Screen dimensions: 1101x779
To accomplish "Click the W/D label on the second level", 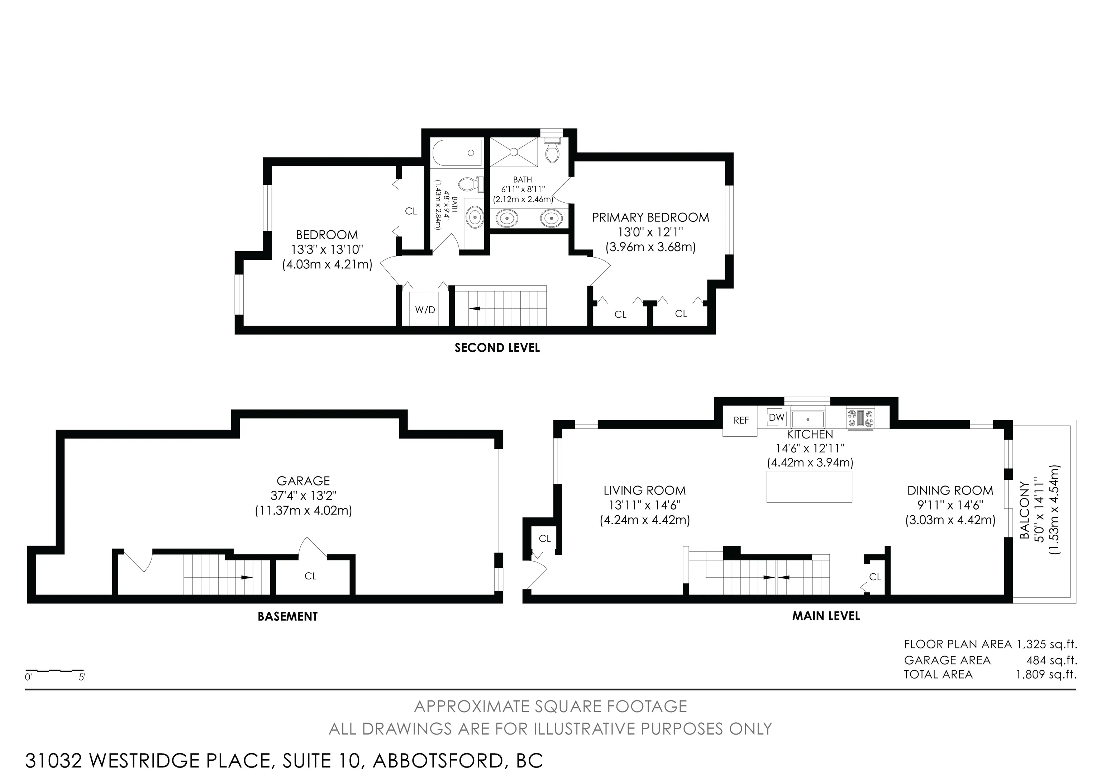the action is point(425,310).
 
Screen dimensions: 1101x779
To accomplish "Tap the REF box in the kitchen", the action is point(740,421).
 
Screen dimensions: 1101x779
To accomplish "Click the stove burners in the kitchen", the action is point(861,417).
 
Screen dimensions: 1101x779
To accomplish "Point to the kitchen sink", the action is point(808,419).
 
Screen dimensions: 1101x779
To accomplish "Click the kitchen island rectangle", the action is point(810,487).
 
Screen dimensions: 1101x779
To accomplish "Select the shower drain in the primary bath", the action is point(514,152).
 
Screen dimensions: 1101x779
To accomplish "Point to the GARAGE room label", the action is point(303,481).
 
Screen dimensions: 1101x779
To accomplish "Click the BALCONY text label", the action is point(1024,511).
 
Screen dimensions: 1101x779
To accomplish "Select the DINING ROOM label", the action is point(950,491).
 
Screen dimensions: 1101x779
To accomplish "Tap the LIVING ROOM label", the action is point(644,491).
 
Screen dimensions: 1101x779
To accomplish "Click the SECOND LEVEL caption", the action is point(497,348).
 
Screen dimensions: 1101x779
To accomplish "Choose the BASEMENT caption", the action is point(288,617).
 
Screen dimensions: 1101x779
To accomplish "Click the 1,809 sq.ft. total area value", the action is point(1046,674).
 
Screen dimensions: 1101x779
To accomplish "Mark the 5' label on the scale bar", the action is point(82,677).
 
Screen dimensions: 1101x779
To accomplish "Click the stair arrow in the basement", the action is point(247,577).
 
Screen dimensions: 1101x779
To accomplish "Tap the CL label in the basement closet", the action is point(310,576).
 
